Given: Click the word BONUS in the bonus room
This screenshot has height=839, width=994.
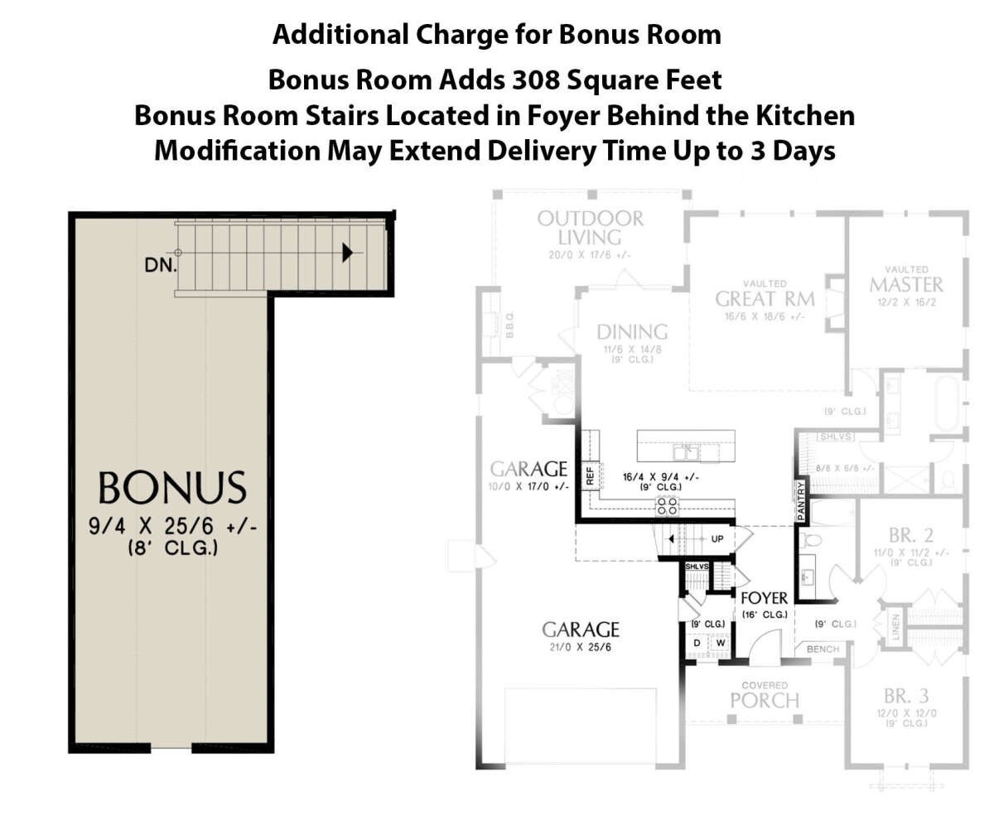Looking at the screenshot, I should tap(172, 488).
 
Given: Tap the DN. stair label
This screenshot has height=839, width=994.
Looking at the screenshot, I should tap(158, 266).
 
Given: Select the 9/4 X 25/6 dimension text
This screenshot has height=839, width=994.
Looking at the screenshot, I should tap(172, 526).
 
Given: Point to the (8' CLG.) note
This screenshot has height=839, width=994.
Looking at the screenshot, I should tap(172, 547).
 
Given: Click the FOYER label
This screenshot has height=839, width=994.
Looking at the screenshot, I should tap(764, 598).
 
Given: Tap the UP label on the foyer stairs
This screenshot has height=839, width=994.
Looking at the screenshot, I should tap(717, 538).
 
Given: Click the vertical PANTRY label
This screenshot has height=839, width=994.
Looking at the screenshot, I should tap(801, 501).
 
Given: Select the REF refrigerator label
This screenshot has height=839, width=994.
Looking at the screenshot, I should tap(590, 475).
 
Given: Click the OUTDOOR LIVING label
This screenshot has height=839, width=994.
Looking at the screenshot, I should tap(590, 229).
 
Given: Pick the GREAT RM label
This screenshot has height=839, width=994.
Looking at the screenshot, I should tap(765, 299).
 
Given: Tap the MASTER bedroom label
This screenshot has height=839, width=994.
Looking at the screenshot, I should tap(906, 284).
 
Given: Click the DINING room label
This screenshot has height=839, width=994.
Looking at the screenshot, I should tap(632, 332).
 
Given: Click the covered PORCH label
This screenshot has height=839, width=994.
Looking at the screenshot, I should tap(765, 700).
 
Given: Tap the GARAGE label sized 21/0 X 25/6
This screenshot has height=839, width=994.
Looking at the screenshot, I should tap(580, 629).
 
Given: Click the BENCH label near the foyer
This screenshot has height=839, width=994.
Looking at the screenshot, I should tap(822, 649).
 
